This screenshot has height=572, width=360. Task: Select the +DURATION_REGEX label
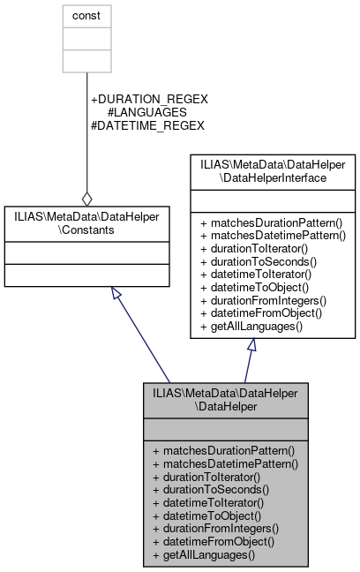[149, 100]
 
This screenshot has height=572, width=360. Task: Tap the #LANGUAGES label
[146, 113]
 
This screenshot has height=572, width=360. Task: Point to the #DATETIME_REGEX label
[147, 126]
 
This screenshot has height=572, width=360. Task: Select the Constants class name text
[86, 223]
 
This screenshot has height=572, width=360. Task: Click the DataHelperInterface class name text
[273, 170]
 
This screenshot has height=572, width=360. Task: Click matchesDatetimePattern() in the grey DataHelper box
[224, 463]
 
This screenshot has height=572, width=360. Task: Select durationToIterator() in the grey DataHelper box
[208, 476]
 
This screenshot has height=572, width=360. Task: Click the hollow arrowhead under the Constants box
[116, 294]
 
